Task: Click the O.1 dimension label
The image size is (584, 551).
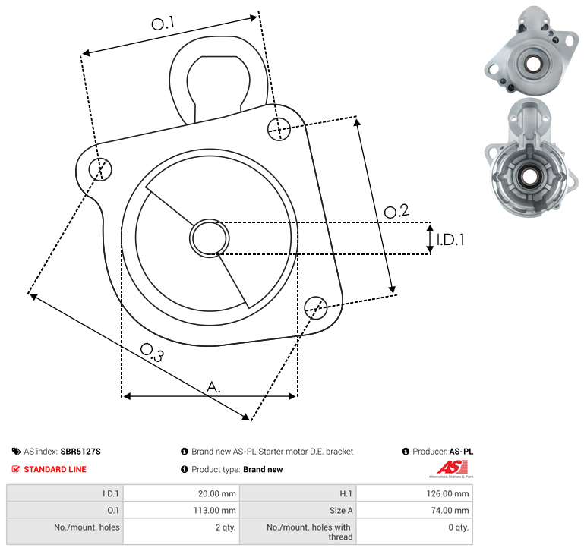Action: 163,24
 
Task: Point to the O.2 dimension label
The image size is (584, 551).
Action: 396,211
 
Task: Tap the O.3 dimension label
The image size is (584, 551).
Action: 152,353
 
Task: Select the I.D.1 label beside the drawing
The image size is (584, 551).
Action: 450,240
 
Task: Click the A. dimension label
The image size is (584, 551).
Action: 213,387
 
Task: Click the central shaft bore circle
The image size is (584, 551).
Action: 210,238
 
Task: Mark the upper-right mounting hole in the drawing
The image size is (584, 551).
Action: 279,129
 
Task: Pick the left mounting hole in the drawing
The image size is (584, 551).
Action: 100,169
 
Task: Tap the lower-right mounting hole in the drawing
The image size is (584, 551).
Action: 316,308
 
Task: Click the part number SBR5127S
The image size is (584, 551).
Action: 80,452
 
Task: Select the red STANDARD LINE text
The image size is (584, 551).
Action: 55,470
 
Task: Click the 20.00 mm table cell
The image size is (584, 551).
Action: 216,493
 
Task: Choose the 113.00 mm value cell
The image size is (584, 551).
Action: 214,511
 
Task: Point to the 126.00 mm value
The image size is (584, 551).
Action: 448,493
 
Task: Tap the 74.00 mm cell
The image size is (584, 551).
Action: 450,511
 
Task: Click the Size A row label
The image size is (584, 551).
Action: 341,511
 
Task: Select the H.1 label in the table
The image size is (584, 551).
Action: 346,493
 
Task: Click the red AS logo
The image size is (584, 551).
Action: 452,468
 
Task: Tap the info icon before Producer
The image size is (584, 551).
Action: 406,452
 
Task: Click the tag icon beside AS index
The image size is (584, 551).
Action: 16,452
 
